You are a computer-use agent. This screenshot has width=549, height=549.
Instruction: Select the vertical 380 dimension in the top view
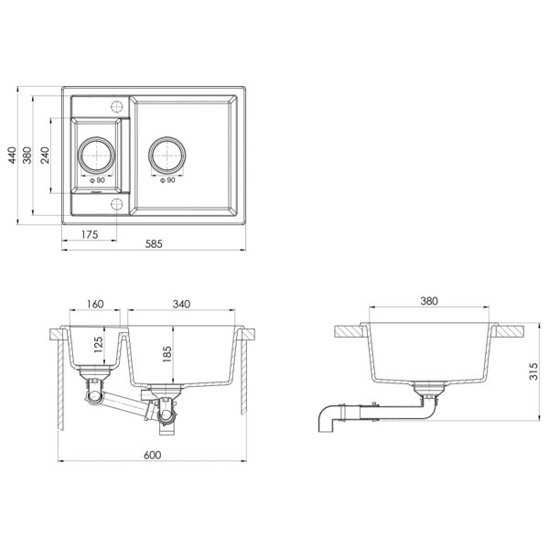point(27,156)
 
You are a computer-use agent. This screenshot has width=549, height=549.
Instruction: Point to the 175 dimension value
point(89,235)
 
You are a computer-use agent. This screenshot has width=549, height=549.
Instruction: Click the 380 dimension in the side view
point(428,300)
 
